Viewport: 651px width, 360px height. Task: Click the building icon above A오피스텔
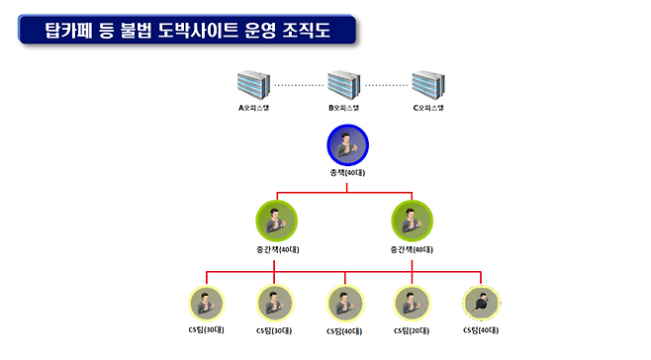[x=254, y=85]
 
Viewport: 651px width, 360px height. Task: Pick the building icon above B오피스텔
[x=342, y=85]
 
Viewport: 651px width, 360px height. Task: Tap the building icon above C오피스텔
[x=427, y=85]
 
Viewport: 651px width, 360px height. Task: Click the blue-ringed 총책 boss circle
[x=347, y=145]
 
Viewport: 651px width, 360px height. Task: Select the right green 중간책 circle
[x=413, y=221]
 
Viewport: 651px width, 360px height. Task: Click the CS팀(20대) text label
[x=413, y=330]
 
